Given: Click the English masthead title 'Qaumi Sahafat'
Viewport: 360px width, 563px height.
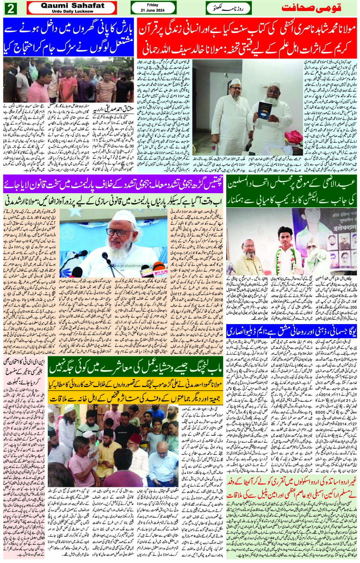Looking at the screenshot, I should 72,6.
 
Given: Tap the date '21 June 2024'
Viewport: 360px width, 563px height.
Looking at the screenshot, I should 152,11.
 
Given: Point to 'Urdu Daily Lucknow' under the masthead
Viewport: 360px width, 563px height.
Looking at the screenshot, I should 72,11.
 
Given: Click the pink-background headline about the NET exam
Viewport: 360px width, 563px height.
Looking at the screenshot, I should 24,371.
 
